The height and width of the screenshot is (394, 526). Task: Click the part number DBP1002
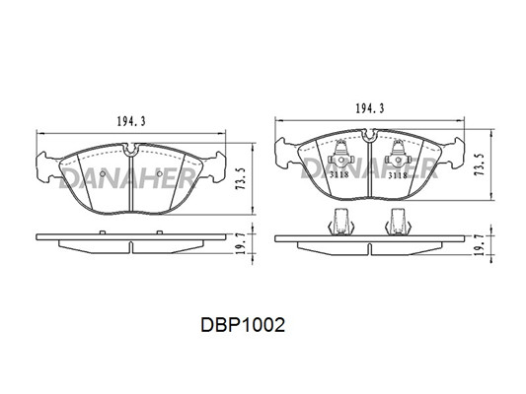click(243, 325)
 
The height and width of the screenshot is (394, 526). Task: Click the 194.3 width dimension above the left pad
click(131, 121)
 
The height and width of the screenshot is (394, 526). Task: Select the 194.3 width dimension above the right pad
click(370, 108)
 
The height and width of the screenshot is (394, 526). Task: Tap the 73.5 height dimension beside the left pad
click(241, 178)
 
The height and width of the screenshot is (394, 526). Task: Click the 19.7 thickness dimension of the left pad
click(241, 244)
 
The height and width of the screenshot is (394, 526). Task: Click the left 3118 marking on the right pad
click(339, 174)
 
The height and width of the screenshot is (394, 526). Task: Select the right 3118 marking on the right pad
click(398, 174)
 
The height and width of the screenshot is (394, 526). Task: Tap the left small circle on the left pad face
click(103, 173)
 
